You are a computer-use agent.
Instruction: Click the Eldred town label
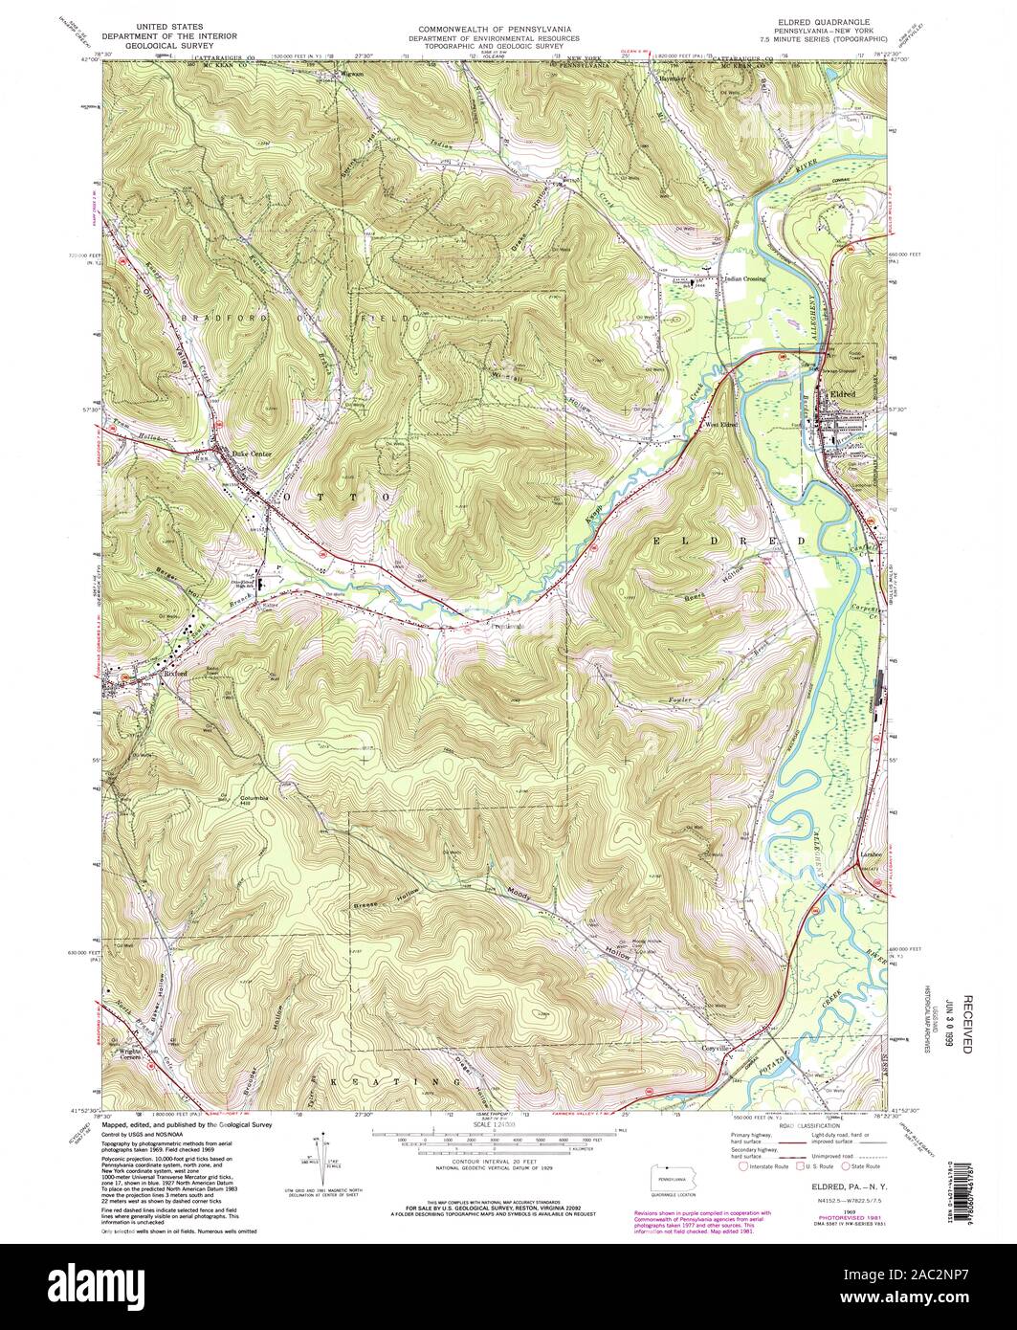click(x=842, y=394)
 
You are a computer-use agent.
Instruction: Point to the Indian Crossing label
click(x=745, y=278)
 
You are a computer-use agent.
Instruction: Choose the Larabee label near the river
click(x=869, y=851)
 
